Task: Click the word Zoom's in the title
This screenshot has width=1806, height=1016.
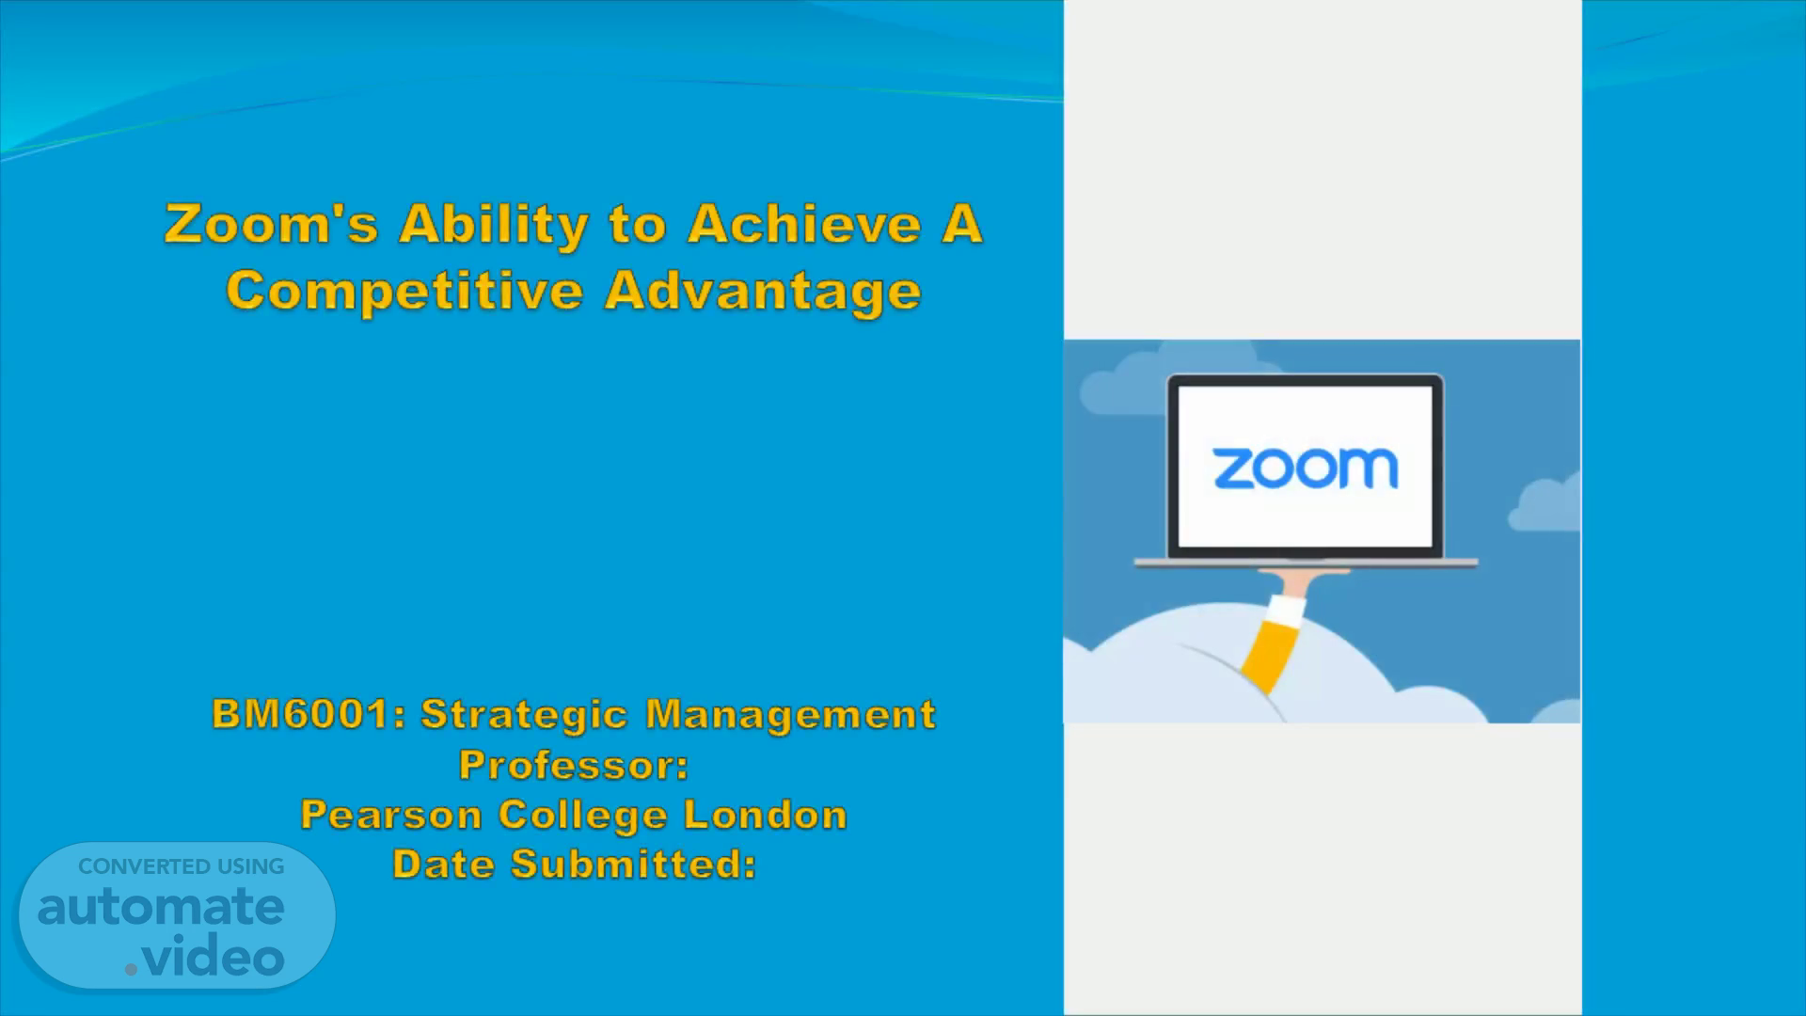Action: [271, 225]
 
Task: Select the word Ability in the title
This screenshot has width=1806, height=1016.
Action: [493, 227]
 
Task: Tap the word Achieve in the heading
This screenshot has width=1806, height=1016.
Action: [804, 225]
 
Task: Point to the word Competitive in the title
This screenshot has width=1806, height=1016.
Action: [404, 291]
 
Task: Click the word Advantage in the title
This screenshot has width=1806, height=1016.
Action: [763, 291]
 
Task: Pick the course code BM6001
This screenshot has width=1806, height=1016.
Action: [309, 714]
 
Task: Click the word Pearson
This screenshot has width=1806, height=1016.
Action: [391, 815]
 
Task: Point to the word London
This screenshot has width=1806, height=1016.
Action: [766, 815]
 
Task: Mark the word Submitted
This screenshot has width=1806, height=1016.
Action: [633, 865]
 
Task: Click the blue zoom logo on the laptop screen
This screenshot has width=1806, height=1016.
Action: [1306, 468]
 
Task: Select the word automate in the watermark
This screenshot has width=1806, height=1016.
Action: [161, 907]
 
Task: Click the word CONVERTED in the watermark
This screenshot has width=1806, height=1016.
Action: [144, 866]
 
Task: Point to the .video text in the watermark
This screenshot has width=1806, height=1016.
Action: [205, 957]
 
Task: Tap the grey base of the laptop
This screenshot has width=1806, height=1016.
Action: [1306, 563]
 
